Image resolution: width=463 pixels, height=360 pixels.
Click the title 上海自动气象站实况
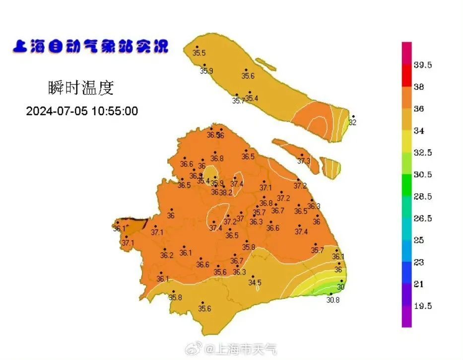click(90, 47)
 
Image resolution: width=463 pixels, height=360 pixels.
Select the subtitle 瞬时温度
click(81, 88)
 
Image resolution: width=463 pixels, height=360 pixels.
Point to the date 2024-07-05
click(57, 111)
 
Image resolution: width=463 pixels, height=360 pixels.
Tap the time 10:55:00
click(114, 111)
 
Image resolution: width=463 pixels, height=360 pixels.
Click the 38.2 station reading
click(226, 192)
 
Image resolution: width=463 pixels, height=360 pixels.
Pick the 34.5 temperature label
click(255, 283)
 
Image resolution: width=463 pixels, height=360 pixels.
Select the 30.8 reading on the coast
click(333, 299)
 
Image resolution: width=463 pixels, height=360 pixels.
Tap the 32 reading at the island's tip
click(353, 122)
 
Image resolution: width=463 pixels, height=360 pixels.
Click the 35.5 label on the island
click(199, 53)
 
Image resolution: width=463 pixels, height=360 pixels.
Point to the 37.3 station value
click(304, 161)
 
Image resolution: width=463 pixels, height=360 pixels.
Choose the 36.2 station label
click(167, 256)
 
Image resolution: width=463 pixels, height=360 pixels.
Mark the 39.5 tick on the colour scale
click(423, 65)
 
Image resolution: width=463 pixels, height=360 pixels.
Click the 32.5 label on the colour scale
click(423, 152)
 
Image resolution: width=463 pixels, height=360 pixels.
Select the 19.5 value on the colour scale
click(423, 306)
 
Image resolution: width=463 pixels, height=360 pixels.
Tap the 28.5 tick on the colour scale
click(423, 197)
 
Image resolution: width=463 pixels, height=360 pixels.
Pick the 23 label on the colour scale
click(419, 262)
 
